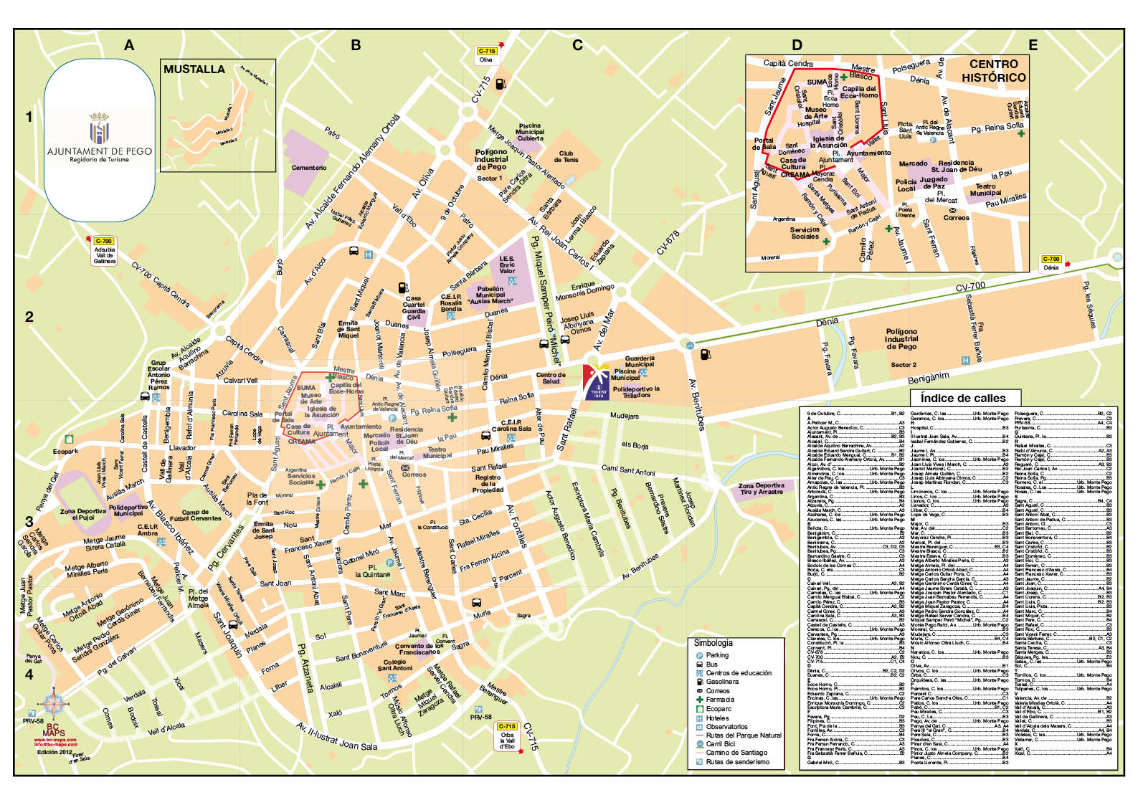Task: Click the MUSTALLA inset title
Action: click(194, 70)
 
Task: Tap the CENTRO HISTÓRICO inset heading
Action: click(993, 71)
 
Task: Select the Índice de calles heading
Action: click(962, 398)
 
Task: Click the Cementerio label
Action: click(308, 168)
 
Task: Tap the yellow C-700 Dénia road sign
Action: click(1051, 263)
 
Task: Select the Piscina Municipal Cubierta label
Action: click(530, 132)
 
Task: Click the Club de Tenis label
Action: click(566, 156)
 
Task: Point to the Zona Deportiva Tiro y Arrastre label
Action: click(761, 489)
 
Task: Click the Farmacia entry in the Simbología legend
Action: click(719, 700)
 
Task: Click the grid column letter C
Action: click(577, 46)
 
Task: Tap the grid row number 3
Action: click(29, 522)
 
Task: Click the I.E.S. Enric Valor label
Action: click(507, 265)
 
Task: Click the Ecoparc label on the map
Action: click(65, 452)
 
